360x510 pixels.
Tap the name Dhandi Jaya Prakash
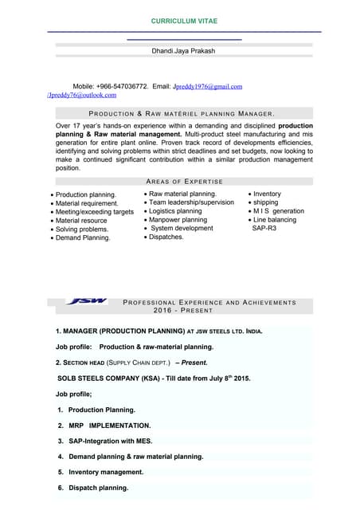(x=183, y=51)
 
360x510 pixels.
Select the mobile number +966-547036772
(x=120, y=86)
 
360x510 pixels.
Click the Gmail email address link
(x=207, y=86)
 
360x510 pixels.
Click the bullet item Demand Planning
(x=83, y=237)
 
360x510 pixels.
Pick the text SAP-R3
(x=264, y=229)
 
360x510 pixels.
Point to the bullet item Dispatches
(x=166, y=237)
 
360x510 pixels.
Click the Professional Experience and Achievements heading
(x=210, y=303)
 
